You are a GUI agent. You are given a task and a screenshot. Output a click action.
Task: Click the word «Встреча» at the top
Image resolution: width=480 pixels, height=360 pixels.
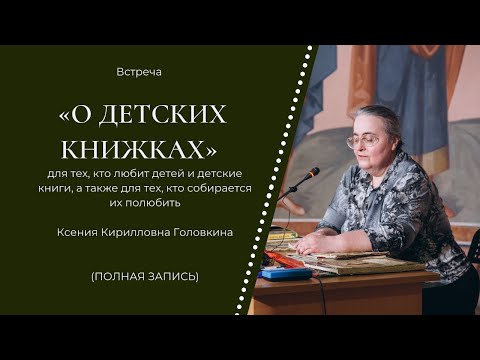139,73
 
